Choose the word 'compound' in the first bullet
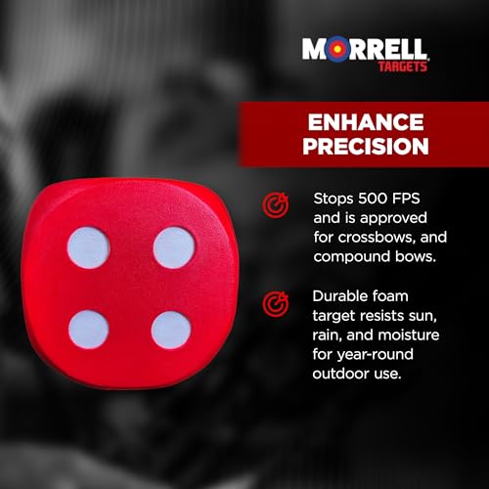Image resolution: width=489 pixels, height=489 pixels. [354, 256]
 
